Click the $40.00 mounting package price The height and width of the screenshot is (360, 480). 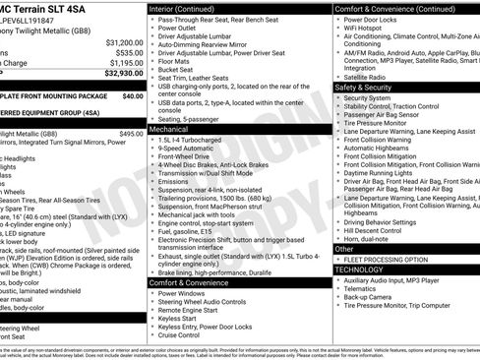[132, 96]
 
